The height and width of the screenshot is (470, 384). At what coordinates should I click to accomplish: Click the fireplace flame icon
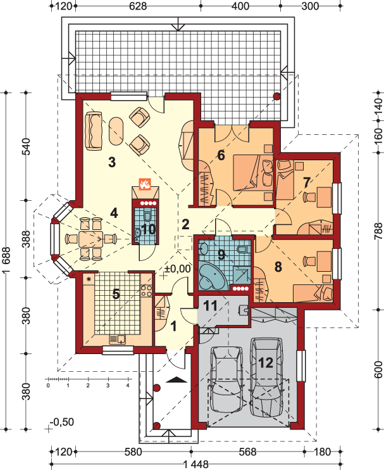[145, 184]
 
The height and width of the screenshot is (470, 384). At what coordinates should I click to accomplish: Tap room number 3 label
[111, 162]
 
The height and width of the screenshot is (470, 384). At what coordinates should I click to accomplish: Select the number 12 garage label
[266, 363]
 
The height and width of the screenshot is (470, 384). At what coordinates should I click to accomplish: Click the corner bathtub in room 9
[212, 276]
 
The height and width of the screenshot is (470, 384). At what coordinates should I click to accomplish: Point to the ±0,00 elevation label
[177, 269]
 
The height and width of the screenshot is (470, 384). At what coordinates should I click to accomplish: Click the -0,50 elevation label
[62, 422]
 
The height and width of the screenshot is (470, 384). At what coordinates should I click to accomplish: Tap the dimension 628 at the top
[138, 6]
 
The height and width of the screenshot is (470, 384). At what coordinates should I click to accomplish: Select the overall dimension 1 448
[195, 464]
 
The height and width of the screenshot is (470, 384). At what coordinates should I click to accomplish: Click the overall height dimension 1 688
[6, 260]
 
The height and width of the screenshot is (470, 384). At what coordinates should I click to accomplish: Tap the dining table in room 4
[91, 239]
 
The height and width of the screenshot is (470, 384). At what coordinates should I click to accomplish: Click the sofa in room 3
[94, 130]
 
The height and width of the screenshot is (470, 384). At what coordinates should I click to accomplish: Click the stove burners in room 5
[146, 291]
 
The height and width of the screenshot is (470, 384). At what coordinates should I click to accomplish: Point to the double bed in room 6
[253, 173]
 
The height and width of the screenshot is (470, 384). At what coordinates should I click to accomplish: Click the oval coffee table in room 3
[116, 131]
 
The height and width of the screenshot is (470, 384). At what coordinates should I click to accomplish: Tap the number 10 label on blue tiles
[148, 229]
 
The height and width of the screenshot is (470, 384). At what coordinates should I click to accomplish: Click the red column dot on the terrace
[277, 96]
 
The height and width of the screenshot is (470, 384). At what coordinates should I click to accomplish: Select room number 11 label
[211, 306]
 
